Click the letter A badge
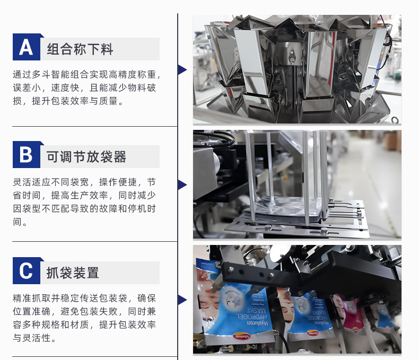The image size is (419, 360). [x=27, y=47]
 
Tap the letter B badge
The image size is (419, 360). [x=27, y=155]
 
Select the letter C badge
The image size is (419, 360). [x=27, y=271]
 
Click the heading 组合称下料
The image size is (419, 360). [x=80, y=49]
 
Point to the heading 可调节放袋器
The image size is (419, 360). [x=86, y=157]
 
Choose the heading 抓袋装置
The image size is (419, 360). [x=73, y=273]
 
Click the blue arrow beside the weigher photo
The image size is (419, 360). [x=182, y=69]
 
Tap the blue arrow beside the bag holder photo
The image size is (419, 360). [x=182, y=185]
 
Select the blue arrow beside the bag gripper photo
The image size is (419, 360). [x=182, y=300]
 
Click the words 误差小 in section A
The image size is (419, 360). [x=27, y=87]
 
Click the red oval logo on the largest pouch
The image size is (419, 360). [x=241, y=336]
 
